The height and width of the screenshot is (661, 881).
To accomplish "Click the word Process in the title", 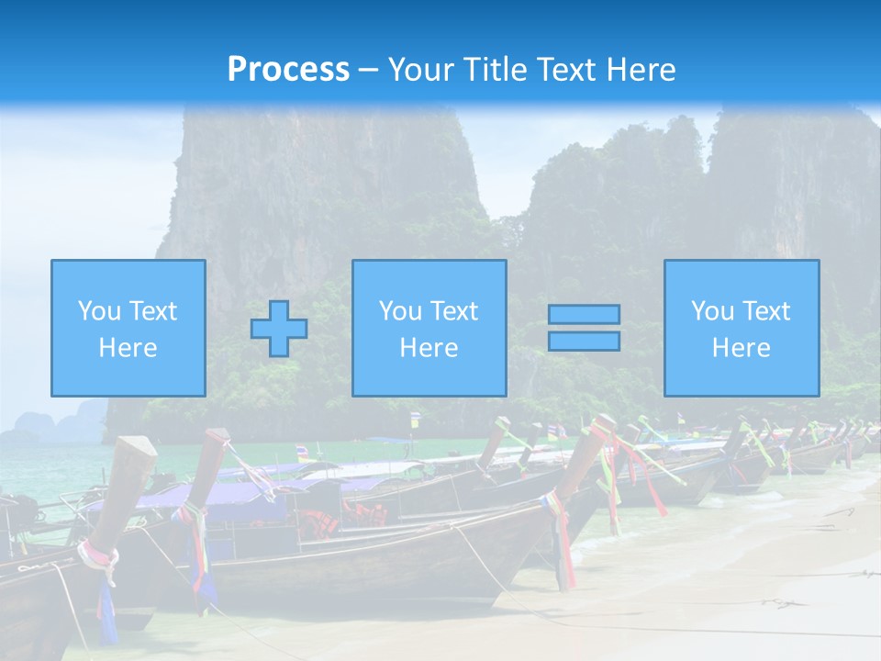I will tap(288, 70).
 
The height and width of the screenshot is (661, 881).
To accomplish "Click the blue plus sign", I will tap(279, 329).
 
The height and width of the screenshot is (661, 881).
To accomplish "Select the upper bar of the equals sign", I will tap(584, 315).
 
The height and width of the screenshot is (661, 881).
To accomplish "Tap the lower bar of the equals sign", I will tap(584, 342).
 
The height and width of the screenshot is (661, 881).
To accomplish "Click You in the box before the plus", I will tap(99, 311).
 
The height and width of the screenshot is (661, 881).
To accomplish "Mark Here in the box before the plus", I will tap(128, 348).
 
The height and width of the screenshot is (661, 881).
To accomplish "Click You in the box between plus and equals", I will tap(400, 311).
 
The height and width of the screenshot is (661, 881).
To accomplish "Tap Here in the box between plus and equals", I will tap(429, 348).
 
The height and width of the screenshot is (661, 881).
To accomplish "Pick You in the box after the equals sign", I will tap(712, 311).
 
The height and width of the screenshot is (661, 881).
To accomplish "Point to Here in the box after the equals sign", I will tap(741, 348).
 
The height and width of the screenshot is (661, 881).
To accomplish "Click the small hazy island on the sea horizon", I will tap(37, 423).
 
